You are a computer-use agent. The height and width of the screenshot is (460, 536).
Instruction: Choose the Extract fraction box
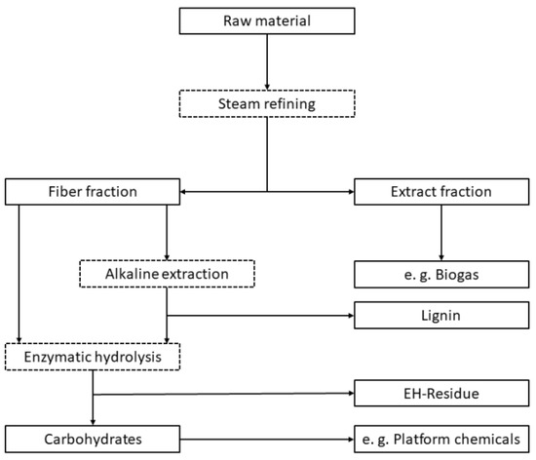442,191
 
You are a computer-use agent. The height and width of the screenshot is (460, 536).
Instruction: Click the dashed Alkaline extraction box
168,274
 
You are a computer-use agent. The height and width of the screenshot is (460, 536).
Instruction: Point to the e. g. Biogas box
442,274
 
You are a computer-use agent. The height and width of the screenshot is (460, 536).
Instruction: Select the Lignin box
442,315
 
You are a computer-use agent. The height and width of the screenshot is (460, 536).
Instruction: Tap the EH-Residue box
442,396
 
